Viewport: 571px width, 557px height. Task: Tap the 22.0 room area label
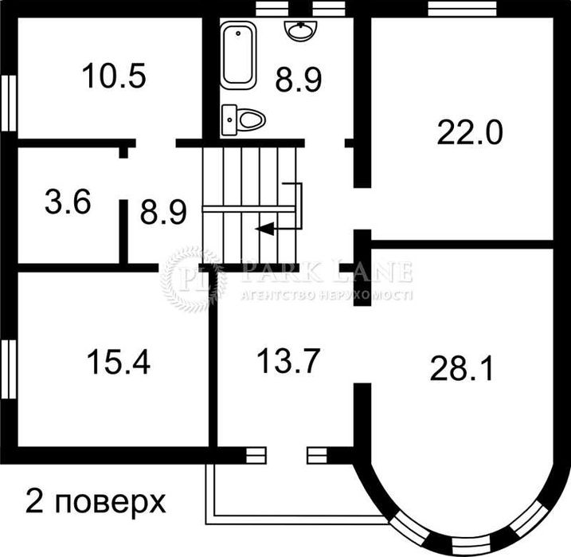point(469,131)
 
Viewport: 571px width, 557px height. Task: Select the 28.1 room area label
point(461,368)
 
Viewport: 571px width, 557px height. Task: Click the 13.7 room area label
point(287,362)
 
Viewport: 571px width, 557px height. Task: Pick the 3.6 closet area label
point(68,202)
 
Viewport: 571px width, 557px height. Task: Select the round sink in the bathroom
point(301,29)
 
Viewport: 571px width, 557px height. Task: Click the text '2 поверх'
point(96,502)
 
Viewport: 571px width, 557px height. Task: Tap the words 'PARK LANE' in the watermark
point(327,273)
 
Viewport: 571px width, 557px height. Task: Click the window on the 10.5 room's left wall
point(8,101)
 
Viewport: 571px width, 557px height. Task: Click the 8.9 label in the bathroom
point(299,80)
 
